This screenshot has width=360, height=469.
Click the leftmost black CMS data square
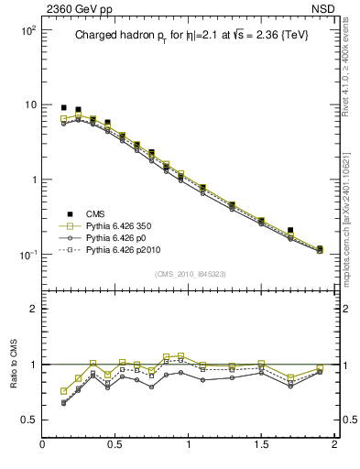point(63,107)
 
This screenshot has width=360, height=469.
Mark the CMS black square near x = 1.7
point(290,231)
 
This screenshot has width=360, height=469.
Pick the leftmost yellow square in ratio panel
point(63,391)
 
